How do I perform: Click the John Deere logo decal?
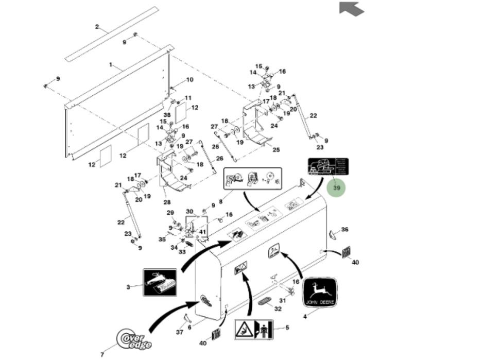(x=320, y=293)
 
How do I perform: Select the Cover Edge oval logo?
(x=133, y=338)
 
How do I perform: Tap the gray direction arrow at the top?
(x=351, y=8)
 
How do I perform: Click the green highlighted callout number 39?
(x=337, y=188)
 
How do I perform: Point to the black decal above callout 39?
(x=328, y=167)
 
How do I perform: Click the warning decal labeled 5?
(x=254, y=329)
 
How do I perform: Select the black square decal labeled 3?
(x=160, y=282)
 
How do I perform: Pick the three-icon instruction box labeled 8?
(x=252, y=179)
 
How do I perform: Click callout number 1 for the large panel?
(x=110, y=65)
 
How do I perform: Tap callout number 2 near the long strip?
(x=97, y=26)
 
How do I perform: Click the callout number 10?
(x=189, y=80)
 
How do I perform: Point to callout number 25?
(x=276, y=150)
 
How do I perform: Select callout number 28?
(x=167, y=202)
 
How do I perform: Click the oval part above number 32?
(x=266, y=300)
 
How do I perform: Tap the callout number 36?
(x=344, y=230)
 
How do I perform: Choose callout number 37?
(x=180, y=332)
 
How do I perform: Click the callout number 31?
(x=282, y=301)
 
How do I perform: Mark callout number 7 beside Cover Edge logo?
(x=102, y=354)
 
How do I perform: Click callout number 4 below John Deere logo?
(x=305, y=316)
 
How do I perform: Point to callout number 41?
(x=203, y=232)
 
